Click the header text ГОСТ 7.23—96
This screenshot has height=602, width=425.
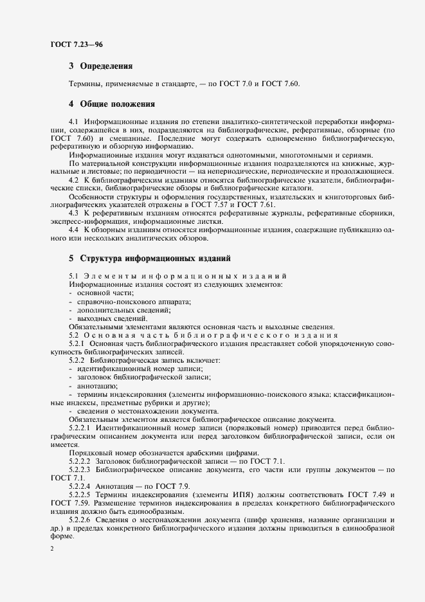(77, 44)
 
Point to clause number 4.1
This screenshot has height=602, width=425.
(73, 122)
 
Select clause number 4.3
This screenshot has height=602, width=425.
(73, 212)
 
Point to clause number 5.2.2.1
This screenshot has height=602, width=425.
(81, 427)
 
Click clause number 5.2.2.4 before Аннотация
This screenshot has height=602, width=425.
(81, 486)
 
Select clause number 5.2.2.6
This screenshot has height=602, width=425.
(81, 520)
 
